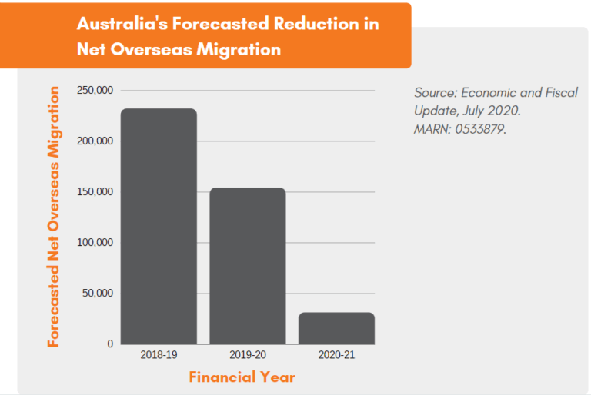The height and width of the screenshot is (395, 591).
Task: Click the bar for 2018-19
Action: click(x=159, y=226)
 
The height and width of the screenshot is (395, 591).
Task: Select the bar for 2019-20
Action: click(x=248, y=266)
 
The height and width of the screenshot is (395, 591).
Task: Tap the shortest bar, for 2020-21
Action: click(x=336, y=328)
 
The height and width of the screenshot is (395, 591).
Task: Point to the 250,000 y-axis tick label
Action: click(x=95, y=91)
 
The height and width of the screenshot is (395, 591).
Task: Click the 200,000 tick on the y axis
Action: click(x=95, y=141)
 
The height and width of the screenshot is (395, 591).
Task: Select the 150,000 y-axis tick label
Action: click(x=95, y=192)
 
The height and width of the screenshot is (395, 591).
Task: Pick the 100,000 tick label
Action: click(x=95, y=243)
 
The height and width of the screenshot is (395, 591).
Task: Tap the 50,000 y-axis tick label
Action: click(x=98, y=294)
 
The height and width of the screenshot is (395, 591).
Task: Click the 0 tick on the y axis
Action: click(x=109, y=344)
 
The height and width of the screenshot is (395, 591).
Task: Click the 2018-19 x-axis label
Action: click(x=159, y=355)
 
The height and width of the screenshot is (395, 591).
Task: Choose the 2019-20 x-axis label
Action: click(x=248, y=355)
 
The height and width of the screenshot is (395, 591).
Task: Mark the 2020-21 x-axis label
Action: click(x=336, y=355)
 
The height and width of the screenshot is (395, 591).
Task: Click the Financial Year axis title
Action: click(x=242, y=377)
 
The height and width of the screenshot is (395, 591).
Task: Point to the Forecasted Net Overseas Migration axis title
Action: click(x=54, y=217)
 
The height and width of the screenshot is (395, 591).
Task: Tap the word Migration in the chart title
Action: click(x=242, y=49)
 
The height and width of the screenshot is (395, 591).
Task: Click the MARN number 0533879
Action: click(x=478, y=128)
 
